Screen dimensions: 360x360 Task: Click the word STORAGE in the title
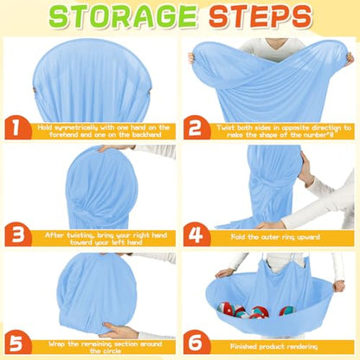click(123, 16)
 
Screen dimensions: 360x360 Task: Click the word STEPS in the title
click(260, 16)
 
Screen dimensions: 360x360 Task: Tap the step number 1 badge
click(18, 127)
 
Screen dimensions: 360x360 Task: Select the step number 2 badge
click(196, 127)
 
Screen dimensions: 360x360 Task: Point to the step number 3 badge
click(18, 235)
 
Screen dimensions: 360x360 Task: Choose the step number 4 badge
click(196, 235)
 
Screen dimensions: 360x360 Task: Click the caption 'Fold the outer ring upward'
click(275, 237)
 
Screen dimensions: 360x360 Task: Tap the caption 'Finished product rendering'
click(273, 346)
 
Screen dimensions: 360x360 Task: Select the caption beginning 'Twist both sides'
click(284, 131)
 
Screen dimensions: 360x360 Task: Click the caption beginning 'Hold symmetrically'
click(104, 131)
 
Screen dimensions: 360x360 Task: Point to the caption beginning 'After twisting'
click(106, 239)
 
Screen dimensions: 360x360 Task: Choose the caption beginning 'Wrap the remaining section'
click(105, 347)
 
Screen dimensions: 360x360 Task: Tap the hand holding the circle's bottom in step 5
click(119, 331)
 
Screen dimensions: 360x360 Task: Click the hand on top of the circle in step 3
click(114, 148)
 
